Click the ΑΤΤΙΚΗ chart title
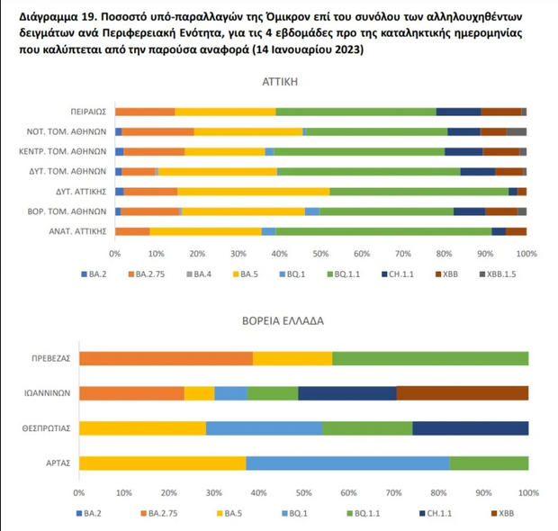point(320,82)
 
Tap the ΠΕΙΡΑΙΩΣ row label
point(88,112)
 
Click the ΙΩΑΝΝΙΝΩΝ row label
point(46,393)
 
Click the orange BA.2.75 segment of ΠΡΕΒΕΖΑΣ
point(166,358)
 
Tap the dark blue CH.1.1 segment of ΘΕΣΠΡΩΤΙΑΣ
point(470,428)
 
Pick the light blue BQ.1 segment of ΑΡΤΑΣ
point(347,463)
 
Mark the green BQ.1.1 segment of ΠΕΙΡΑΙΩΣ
point(355,112)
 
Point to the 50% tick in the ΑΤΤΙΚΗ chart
point(320,254)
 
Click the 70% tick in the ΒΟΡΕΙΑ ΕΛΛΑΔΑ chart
point(393,493)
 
